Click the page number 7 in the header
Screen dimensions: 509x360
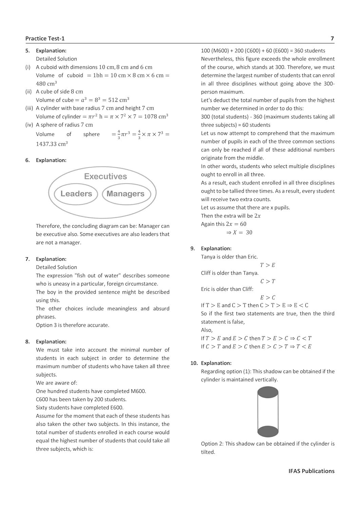coord(332,39)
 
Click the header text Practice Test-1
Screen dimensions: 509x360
coord(45,39)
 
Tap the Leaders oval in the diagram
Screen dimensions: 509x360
coord(76,194)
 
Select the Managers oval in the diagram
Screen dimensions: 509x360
coord(126,194)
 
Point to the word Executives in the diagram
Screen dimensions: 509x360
coord(106,176)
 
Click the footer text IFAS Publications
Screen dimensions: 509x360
coord(311,471)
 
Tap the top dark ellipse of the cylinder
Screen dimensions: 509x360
coord(268,393)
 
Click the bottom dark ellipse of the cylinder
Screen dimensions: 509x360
coord(268,431)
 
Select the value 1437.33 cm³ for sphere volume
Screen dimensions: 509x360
coord(52,144)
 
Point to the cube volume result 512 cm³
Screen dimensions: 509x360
coord(119,100)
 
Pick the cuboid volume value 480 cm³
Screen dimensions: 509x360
coord(46,83)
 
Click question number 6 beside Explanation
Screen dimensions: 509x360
coord(27,160)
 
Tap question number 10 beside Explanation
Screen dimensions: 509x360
coord(194,363)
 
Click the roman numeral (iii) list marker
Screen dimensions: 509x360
coord(29,108)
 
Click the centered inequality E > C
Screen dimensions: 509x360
coord(268,298)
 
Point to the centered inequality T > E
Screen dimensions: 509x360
coord(268,265)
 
